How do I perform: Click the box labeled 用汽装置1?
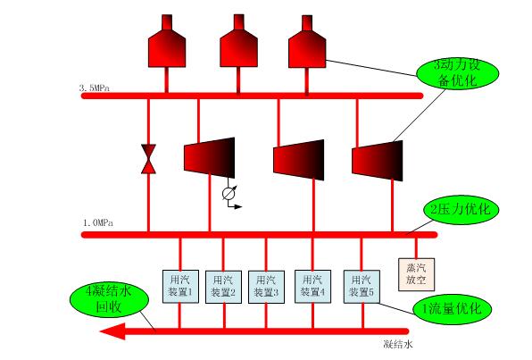tap(180, 286)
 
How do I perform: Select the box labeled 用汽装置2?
tap(223, 287)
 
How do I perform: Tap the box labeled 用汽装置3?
tap(266, 287)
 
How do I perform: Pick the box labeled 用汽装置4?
tap(312, 286)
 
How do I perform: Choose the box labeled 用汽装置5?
tap(362, 286)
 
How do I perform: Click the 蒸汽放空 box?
tap(416, 274)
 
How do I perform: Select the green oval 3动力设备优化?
tap(458, 74)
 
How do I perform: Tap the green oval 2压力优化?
tap(461, 209)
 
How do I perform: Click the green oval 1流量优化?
tap(453, 309)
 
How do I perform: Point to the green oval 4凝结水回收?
tap(109, 299)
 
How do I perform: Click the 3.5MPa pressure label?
tap(95, 88)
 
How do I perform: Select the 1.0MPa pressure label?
tap(98, 222)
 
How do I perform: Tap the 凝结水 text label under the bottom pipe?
tap(398, 344)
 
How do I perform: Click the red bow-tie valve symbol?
tap(148, 159)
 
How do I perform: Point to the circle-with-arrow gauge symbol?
tap(229, 194)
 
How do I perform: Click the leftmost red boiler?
tap(167, 41)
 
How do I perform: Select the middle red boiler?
tap(238, 41)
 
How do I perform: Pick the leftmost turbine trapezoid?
tap(210, 157)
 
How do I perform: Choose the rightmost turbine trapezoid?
tap(378, 161)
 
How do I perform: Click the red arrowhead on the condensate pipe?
tap(113, 331)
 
